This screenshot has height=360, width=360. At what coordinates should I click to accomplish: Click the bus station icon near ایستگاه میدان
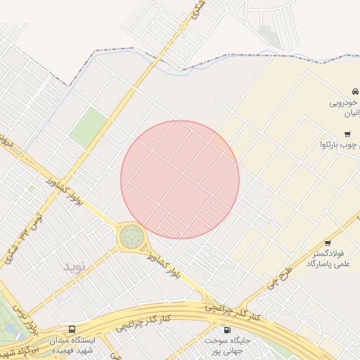pyautogui.click(x=72, y=329)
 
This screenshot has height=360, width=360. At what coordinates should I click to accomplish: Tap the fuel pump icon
pyautogui.click(x=226, y=330)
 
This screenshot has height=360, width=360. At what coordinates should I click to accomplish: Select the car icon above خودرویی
pyautogui.click(x=355, y=91)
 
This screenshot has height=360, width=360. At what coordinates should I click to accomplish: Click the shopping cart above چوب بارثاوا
pyautogui.click(x=347, y=134)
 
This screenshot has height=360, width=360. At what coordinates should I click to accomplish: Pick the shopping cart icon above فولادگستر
pyautogui.click(x=328, y=243)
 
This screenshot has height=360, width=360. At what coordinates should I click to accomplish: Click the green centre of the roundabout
pyautogui.click(x=131, y=236)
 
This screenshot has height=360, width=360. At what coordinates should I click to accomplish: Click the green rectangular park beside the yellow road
pyautogui.click(x=88, y=127)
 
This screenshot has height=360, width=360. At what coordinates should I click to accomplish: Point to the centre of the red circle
pyautogui.click(x=180, y=180)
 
